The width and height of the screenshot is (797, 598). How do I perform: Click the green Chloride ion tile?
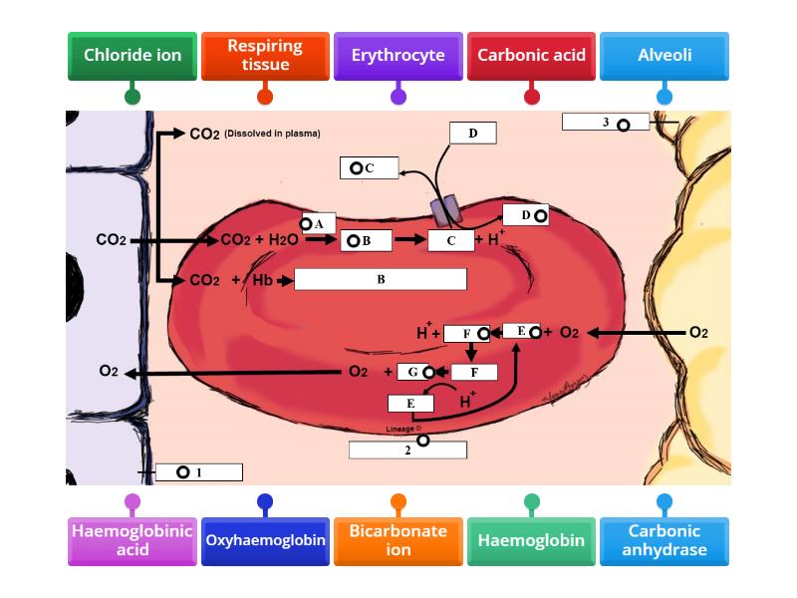[x=133, y=56]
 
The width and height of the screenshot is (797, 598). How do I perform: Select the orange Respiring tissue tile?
[x=265, y=56]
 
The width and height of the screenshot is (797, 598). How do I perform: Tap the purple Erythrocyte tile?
[x=398, y=56]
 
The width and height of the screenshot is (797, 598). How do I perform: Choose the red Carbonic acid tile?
[x=531, y=56]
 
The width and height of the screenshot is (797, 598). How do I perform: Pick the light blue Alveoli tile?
[x=664, y=56]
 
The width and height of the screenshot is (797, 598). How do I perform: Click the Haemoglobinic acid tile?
[x=133, y=541]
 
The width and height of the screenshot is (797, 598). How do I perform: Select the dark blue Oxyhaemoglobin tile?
[x=265, y=541]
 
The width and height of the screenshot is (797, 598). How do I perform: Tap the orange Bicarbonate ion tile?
[x=398, y=541]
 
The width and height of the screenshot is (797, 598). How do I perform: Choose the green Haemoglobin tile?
[x=531, y=541]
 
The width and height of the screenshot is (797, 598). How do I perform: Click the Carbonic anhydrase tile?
[x=664, y=541]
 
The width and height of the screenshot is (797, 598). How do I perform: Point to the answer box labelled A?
[x=316, y=224]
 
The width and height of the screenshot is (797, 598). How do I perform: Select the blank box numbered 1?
[x=199, y=472]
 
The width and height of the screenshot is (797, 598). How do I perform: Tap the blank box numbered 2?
[x=407, y=449]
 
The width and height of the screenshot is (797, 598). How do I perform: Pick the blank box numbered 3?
[x=605, y=122]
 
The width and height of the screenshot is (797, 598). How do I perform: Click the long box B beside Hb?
[x=381, y=280]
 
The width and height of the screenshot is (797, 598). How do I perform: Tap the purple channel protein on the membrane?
[x=444, y=209]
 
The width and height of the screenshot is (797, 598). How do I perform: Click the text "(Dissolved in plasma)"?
[x=272, y=134]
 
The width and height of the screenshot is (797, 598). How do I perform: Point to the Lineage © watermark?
[x=401, y=430]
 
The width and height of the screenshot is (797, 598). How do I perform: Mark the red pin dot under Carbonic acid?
[x=531, y=97]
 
